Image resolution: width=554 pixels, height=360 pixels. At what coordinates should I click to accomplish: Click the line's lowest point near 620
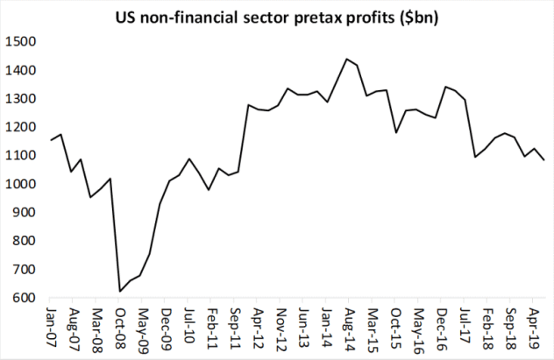pos(120,291)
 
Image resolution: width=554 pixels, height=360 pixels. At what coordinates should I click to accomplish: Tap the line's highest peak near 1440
pos(347,60)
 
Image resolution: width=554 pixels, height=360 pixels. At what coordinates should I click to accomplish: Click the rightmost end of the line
pos(545,159)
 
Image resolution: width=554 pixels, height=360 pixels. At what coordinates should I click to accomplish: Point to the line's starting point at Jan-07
pos(51,140)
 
